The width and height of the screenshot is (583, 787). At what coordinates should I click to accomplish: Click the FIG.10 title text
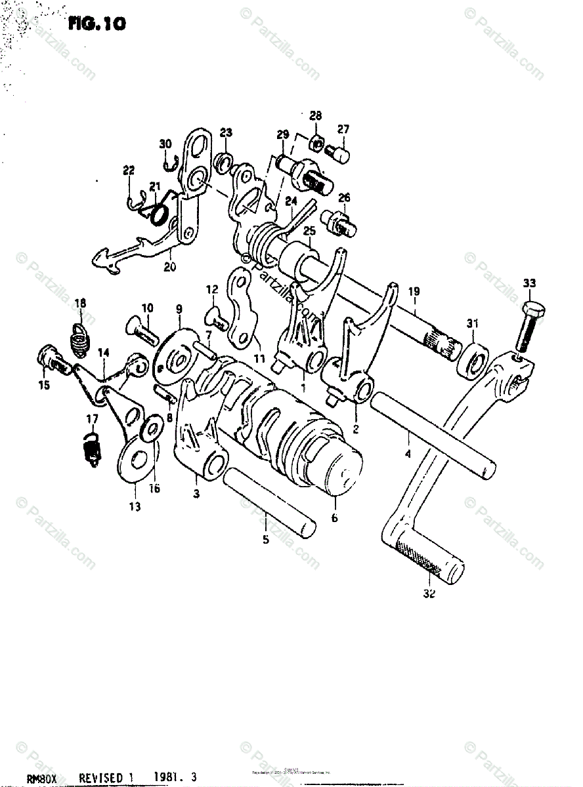(96, 24)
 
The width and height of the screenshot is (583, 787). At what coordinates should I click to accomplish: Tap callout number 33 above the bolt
(529, 283)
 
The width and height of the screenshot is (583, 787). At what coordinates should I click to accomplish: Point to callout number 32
(429, 595)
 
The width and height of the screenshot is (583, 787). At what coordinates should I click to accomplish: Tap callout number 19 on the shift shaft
(414, 291)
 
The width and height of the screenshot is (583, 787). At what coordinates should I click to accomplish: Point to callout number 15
(43, 386)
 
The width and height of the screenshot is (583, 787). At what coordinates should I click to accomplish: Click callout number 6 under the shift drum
(335, 517)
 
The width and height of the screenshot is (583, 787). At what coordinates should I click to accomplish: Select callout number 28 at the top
(316, 116)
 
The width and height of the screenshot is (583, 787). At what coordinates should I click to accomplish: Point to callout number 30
(165, 144)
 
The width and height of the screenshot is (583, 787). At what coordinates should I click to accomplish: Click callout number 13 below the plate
(135, 506)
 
